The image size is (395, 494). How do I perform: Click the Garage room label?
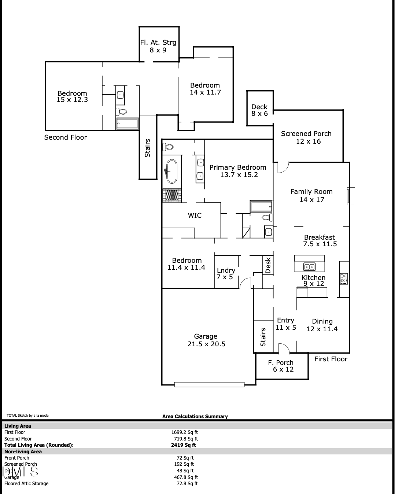206,340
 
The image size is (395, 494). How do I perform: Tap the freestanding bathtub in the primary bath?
171,171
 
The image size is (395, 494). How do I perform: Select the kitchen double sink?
310,267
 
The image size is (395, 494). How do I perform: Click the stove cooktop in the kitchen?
344,279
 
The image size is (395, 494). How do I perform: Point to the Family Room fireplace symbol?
351,196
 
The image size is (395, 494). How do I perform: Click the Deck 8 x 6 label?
259,110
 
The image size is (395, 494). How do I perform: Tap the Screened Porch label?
306,137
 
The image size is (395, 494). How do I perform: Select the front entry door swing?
284,349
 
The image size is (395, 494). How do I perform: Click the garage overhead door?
209,384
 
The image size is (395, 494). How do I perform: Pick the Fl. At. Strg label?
158,46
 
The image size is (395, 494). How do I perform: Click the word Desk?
268,265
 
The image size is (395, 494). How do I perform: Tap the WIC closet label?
195,215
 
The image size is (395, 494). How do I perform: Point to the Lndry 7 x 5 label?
225,273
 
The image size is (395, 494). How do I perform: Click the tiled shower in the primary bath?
172,195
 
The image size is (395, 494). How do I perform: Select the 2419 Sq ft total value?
184,445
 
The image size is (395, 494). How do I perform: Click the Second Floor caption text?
66,137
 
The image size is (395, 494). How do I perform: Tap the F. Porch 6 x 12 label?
281,366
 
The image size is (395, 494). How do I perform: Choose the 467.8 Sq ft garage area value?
185,477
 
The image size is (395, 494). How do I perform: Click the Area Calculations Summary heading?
195,416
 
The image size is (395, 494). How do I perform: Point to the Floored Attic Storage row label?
26,483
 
